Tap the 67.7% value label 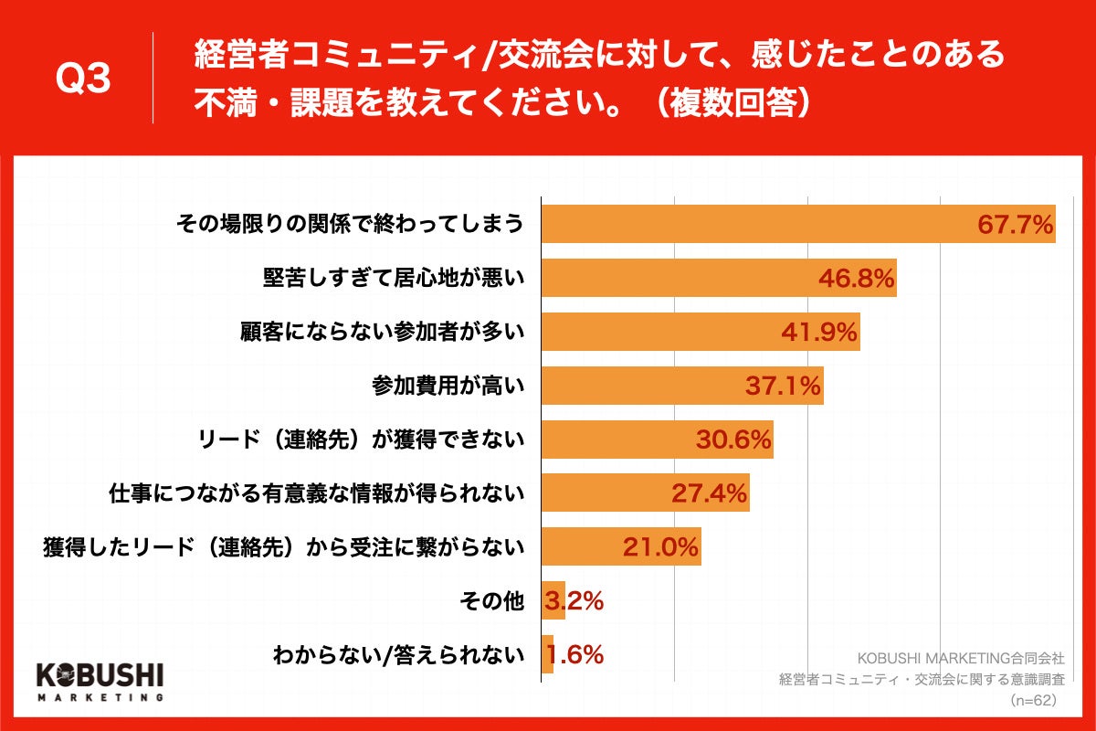(1015, 225)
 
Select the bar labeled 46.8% (718, 278)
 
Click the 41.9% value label (819, 333)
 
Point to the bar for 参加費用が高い (681, 386)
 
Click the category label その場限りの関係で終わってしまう (350, 225)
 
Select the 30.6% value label (733, 440)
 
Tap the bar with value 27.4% (645, 493)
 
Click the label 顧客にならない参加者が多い (381, 333)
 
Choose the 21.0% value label (660, 547)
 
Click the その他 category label (494, 601)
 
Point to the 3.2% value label (574, 601)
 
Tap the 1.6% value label (575, 655)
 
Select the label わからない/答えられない (398, 655)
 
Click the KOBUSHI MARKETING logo (99, 681)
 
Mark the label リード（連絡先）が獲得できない (361, 440)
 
